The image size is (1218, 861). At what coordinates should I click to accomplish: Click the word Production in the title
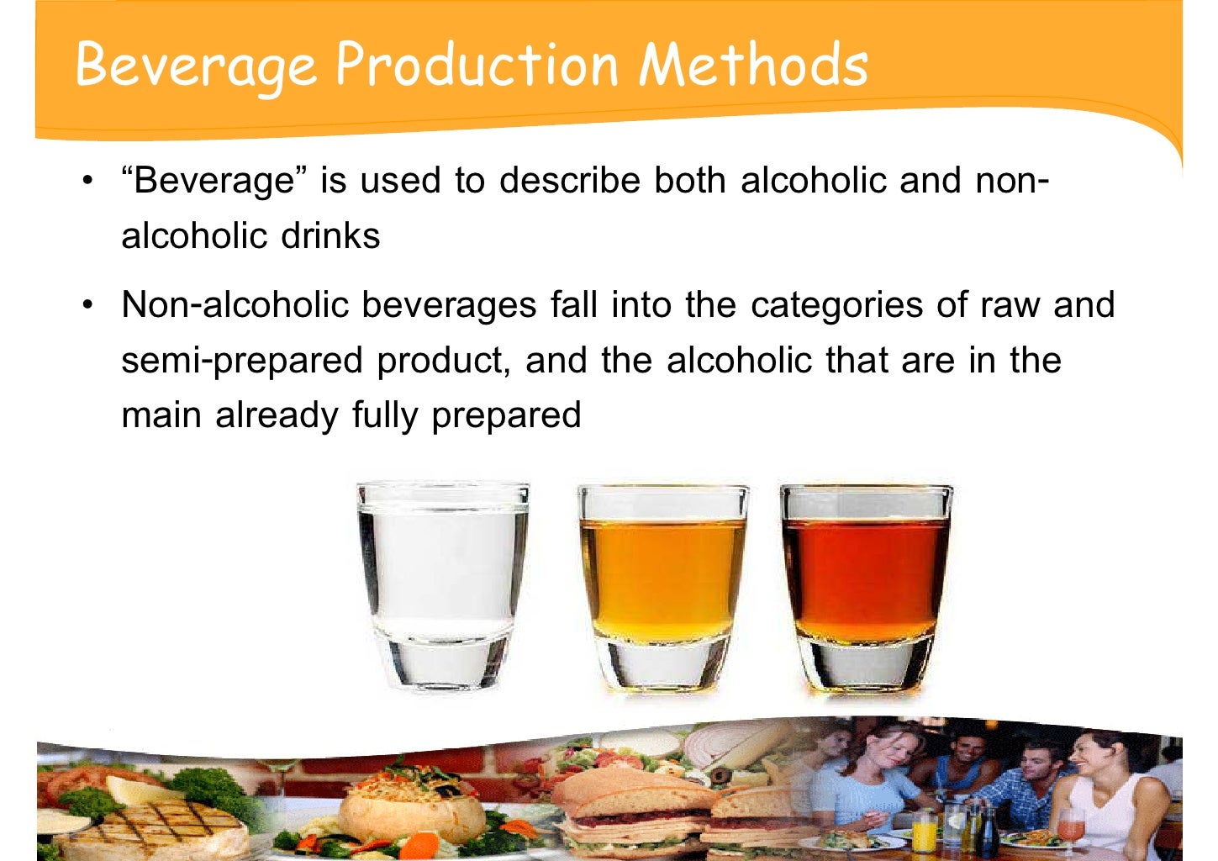tap(477, 64)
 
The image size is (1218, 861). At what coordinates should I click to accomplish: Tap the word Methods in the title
tap(753, 64)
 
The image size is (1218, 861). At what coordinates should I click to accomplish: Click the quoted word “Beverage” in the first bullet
tap(214, 181)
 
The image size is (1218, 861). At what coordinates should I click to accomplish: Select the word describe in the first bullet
tap(570, 181)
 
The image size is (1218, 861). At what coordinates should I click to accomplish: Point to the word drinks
tap(330, 236)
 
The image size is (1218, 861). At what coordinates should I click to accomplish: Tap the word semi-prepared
tap(242, 361)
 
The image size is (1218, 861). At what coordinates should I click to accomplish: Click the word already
tap(277, 415)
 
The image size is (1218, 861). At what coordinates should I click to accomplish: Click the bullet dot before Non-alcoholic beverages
tap(87, 304)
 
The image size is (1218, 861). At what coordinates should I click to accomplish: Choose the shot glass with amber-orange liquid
tap(662, 584)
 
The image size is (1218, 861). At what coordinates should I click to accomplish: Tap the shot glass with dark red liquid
tap(865, 584)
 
